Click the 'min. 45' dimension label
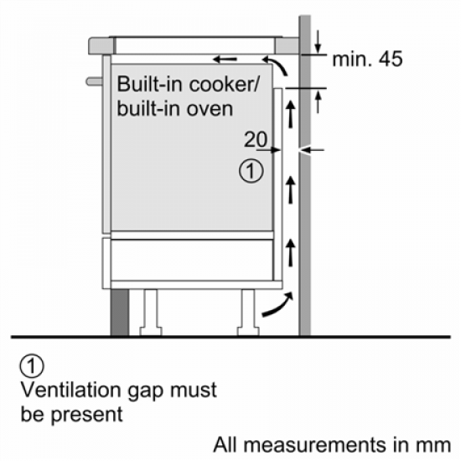[x=367, y=60]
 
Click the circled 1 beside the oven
[x=251, y=172]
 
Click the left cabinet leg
[x=151, y=311]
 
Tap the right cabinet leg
[x=249, y=311]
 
